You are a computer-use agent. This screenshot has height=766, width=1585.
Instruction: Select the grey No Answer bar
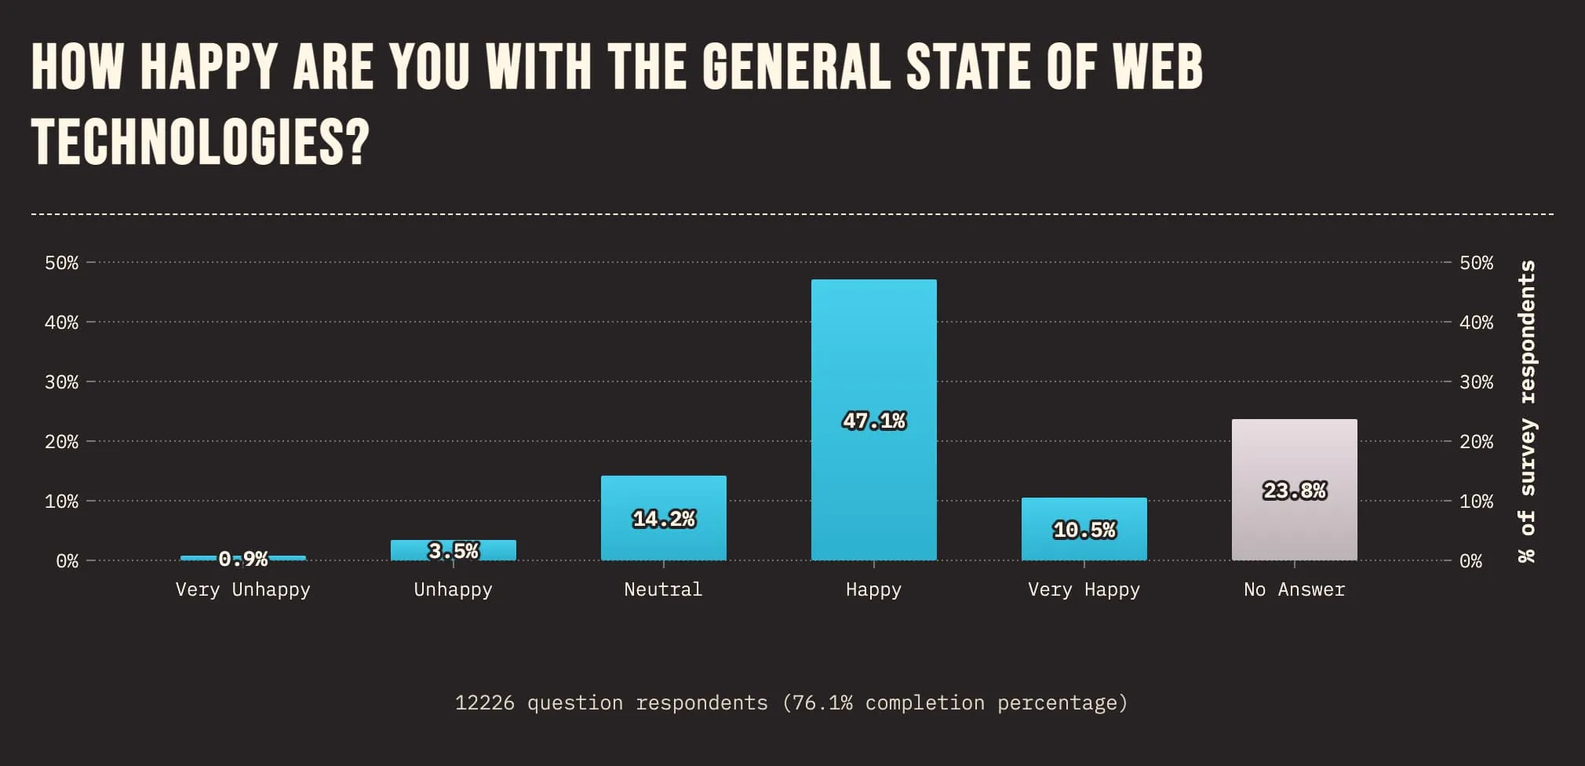click(1294, 455)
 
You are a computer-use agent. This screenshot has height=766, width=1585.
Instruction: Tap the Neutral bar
click(663, 494)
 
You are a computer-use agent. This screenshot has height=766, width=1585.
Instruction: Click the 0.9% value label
click(243, 559)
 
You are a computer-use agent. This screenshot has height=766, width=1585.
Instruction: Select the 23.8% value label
click(1294, 491)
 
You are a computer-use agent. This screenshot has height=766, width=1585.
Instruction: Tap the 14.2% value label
click(663, 519)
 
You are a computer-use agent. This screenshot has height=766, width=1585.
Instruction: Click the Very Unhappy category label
click(242, 589)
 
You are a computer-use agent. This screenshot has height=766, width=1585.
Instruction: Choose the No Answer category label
click(1294, 589)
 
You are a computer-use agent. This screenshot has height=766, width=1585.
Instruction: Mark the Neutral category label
click(663, 589)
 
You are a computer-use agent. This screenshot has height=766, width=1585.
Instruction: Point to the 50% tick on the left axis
click(61, 263)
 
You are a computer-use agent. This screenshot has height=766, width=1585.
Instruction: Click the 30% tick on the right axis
click(1476, 382)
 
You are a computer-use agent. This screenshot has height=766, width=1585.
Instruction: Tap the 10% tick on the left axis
click(61, 502)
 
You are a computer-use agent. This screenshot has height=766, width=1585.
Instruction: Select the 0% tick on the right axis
click(1470, 561)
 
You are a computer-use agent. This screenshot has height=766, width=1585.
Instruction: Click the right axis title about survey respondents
click(1526, 411)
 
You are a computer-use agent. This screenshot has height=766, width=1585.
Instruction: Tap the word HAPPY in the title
click(209, 66)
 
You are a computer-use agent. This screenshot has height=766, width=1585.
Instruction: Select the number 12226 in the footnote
click(484, 702)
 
